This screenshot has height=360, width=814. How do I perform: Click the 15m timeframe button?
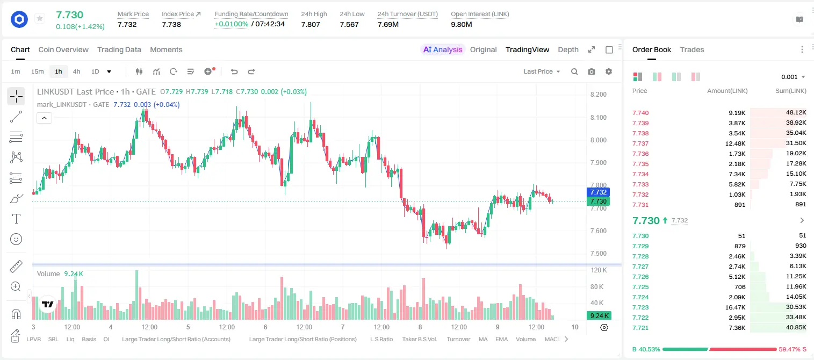click(37, 71)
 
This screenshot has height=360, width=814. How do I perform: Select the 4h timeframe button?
click(76, 71)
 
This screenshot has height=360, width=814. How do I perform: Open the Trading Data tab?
click(119, 50)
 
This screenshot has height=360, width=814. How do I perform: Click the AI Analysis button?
click(443, 50)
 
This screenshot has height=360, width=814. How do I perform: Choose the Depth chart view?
click(568, 50)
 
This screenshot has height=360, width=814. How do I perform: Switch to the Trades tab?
click(692, 50)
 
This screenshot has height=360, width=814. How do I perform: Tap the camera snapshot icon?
click(592, 71)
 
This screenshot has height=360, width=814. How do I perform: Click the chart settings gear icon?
click(609, 71)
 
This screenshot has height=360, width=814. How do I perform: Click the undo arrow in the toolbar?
click(234, 71)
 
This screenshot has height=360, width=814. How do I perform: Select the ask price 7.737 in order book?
click(640, 143)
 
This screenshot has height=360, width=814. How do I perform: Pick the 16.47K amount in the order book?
click(735, 307)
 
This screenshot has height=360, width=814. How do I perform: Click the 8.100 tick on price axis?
click(599, 118)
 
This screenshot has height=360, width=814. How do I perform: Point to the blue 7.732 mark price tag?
click(598, 192)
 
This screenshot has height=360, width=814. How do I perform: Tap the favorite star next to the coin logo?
click(40, 18)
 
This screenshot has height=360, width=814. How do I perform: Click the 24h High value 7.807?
click(311, 25)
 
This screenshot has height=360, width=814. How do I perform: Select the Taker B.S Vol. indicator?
click(419, 339)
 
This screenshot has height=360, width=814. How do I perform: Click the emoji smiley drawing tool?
click(16, 239)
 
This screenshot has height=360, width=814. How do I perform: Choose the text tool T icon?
click(16, 219)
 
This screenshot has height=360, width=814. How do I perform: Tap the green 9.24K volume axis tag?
click(599, 316)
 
